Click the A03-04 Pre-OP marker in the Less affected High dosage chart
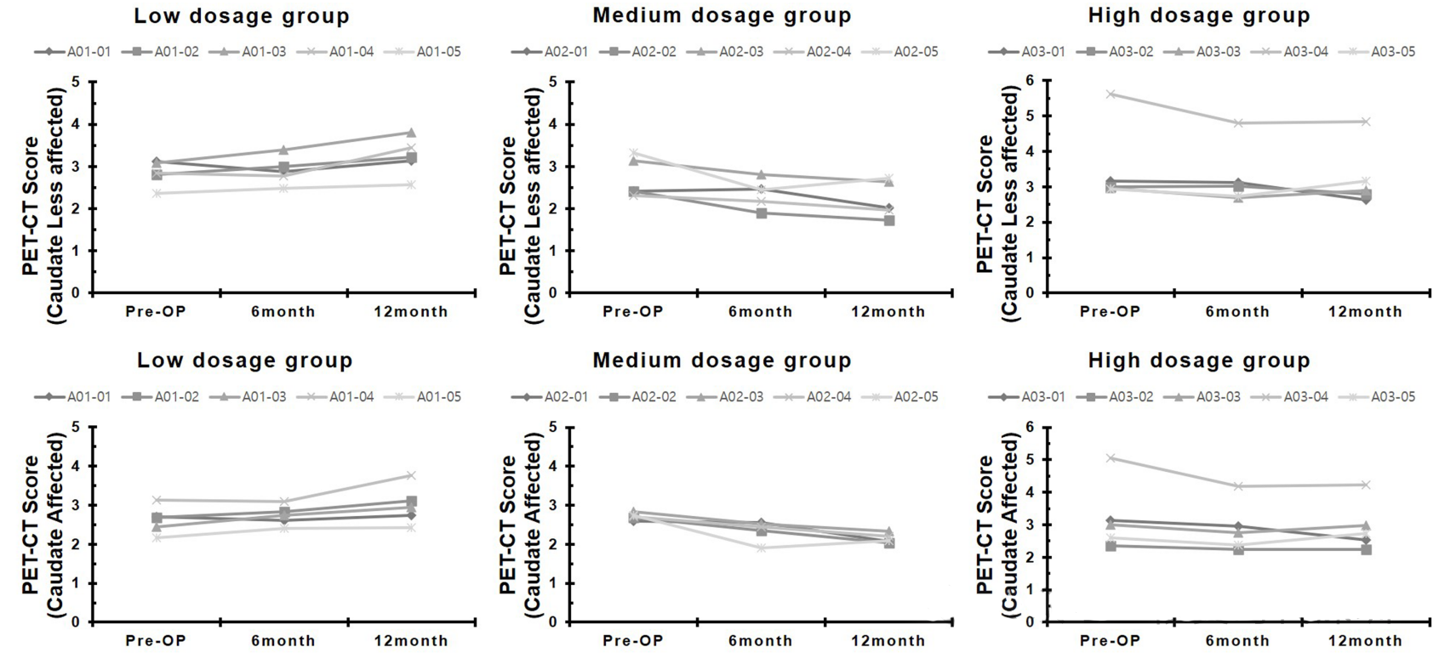[1111, 94]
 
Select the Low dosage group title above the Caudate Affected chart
[245, 360]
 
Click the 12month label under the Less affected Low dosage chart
[411, 312]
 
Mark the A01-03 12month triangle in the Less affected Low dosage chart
[411, 133]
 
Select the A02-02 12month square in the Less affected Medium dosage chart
[888, 220]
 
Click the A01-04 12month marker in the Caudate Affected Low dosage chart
[411, 475]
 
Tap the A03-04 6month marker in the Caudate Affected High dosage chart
[1238, 486]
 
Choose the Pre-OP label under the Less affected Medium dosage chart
[633, 312]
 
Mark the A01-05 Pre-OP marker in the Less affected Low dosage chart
[157, 194]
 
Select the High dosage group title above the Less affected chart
[1199, 15]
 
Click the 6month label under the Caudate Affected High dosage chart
[1237, 641]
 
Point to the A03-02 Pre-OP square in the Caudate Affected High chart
[1111, 546]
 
